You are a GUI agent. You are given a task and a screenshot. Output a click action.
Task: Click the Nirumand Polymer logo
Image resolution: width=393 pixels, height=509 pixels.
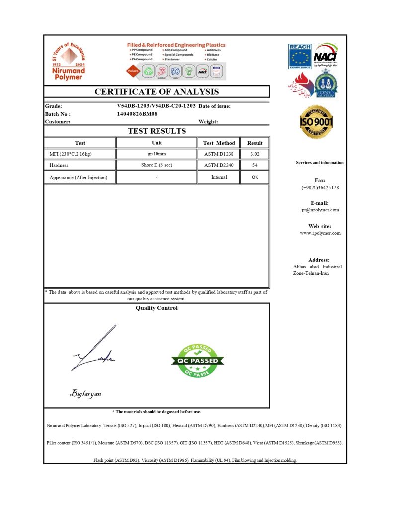pos(69,61)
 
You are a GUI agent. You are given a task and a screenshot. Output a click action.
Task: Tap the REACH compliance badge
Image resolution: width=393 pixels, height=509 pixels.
pos(300,56)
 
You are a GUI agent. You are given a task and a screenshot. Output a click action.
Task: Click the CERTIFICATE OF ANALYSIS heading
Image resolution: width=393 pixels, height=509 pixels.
pos(157,92)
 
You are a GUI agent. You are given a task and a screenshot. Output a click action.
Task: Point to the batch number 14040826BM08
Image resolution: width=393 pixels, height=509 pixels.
pos(137,114)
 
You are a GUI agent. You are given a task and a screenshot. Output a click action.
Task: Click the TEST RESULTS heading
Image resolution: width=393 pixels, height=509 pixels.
pos(157,131)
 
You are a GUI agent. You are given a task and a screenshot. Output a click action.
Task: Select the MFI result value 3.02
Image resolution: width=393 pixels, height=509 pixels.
pos(255,154)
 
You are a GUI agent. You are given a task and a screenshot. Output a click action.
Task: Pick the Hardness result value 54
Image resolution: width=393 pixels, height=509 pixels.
pos(255,165)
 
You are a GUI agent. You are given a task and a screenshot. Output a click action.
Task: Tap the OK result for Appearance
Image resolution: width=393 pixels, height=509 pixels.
pos(255,177)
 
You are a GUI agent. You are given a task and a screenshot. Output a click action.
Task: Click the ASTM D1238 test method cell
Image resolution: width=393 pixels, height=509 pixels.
pos(219,154)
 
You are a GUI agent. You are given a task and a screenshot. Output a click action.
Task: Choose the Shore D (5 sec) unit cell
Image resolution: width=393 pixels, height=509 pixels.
pos(157,165)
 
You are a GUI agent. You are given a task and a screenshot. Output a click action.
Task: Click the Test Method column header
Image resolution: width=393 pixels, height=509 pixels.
pos(219,143)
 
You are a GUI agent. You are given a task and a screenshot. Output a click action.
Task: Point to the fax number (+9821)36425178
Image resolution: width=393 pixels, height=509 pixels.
pos(320,188)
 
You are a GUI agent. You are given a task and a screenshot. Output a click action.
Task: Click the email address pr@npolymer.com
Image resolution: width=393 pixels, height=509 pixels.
pos(320,210)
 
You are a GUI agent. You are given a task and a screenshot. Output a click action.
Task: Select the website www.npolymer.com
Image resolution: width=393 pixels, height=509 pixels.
pos(320,233)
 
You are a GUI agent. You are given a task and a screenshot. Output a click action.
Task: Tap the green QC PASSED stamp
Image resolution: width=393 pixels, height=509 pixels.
pos(198,360)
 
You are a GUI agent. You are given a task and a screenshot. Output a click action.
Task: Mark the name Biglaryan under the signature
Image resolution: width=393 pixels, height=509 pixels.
pos(85,394)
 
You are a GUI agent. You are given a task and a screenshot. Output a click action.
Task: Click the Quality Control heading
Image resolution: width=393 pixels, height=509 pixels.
pos(157,308)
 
